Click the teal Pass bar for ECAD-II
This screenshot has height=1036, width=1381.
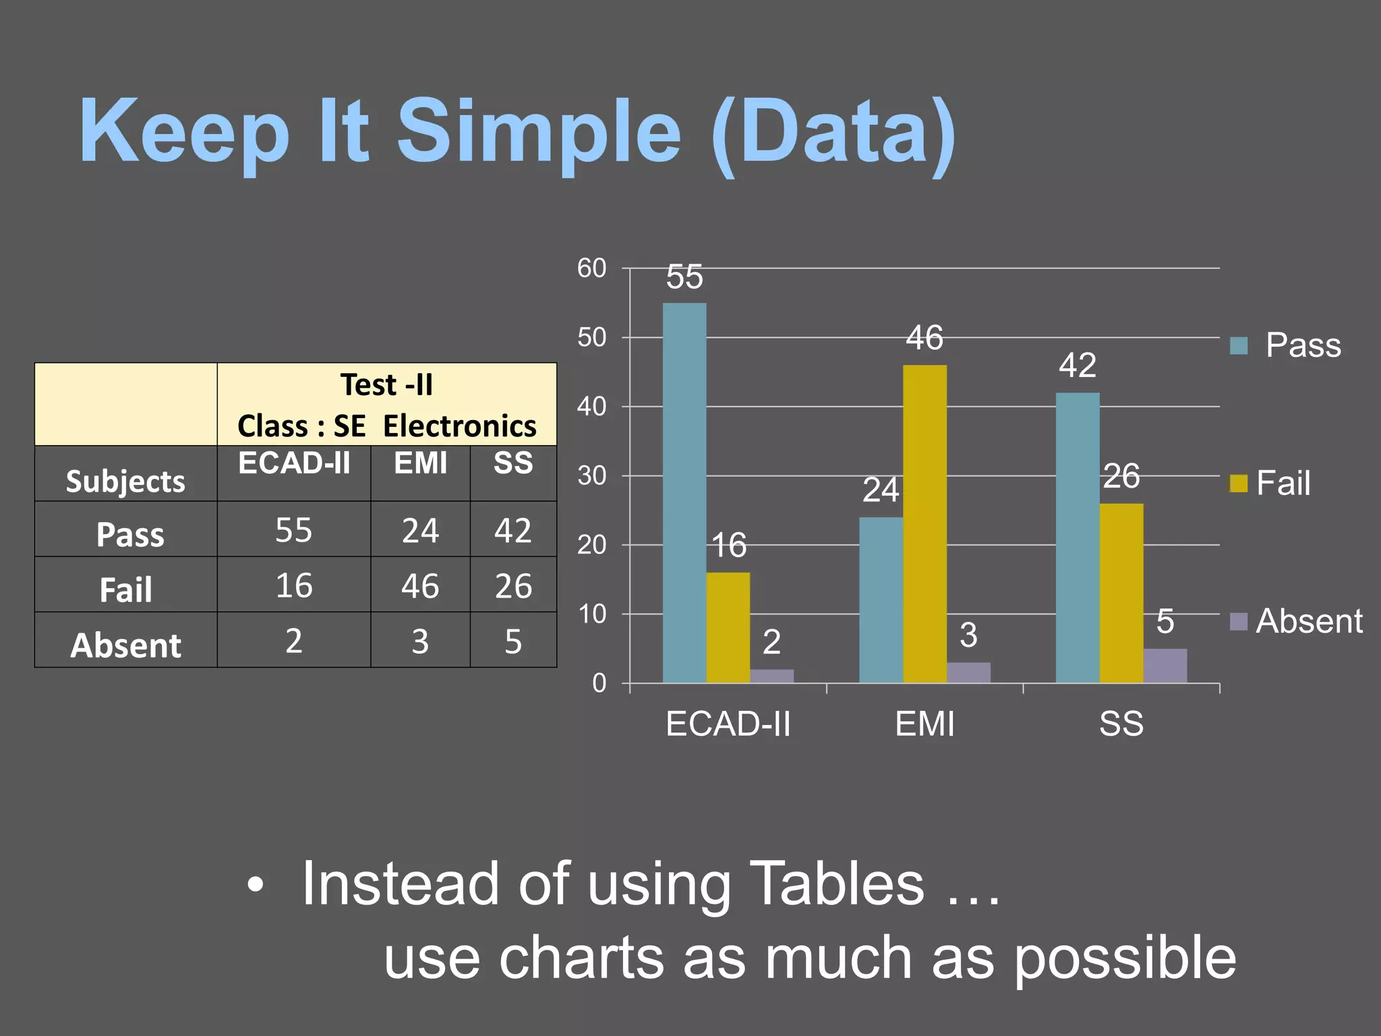click(x=684, y=492)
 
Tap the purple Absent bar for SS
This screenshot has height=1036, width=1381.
click(x=1165, y=666)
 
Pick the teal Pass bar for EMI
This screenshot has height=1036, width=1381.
click(x=881, y=600)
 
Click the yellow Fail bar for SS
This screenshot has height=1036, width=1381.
click(x=1121, y=593)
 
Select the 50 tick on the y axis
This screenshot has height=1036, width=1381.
click(x=591, y=337)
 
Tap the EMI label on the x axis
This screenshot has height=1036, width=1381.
click(x=924, y=724)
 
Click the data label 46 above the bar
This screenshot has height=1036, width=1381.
click(x=924, y=337)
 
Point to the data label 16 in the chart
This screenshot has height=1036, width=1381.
click(x=729, y=545)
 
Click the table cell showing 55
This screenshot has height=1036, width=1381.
click(x=294, y=530)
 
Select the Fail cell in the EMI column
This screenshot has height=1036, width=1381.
click(x=420, y=585)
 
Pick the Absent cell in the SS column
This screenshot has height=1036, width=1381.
click(x=513, y=641)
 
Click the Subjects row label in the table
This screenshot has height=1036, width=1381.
click(x=125, y=481)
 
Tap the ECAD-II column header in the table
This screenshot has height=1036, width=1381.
click(x=294, y=463)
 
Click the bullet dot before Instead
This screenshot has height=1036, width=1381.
click(x=255, y=885)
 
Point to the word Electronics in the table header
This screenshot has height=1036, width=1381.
click(x=460, y=426)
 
